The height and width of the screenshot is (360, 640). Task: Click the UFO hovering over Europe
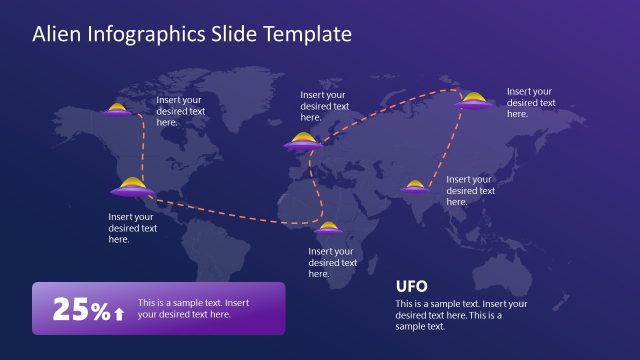(x=303, y=142)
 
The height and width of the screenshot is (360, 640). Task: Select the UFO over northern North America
(x=119, y=111)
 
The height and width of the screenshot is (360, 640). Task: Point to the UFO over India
(x=415, y=185)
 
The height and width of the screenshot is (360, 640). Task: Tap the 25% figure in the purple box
(x=80, y=310)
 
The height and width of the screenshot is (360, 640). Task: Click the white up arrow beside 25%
(x=119, y=313)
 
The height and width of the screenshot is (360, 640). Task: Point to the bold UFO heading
(x=412, y=285)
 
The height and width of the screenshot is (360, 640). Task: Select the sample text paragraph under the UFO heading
(x=460, y=314)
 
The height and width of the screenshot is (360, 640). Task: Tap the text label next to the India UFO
(x=469, y=190)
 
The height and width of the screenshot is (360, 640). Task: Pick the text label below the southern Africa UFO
(x=332, y=262)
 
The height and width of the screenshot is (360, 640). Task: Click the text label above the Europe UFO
(x=325, y=106)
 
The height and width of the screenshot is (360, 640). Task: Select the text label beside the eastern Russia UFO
(x=530, y=102)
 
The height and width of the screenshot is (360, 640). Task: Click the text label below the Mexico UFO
(x=132, y=227)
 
